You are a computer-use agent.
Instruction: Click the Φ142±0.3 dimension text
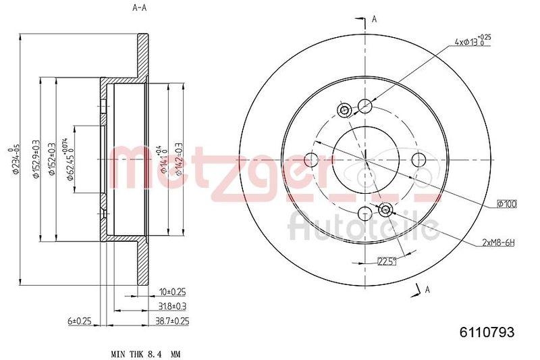pyautogui.click(x=180, y=159)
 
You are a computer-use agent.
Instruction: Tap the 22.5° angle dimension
pyautogui.click(x=387, y=261)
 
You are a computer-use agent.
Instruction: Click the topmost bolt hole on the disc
pyautogui.click(x=365, y=105)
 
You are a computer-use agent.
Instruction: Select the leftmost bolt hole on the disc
pyautogui.click(x=311, y=160)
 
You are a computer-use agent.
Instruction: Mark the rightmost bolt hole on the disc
pyautogui.click(x=419, y=160)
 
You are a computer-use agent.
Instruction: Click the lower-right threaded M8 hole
pyautogui.click(x=386, y=209)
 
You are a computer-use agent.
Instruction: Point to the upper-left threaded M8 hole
pyautogui.click(x=344, y=111)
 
